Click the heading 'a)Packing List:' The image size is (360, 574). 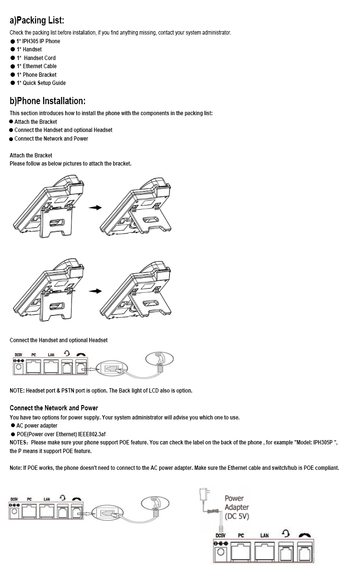(x=37, y=21)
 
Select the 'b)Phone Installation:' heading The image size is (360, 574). (x=48, y=101)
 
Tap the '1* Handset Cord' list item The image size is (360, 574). (x=36, y=58)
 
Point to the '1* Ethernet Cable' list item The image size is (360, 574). (x=36, y=66)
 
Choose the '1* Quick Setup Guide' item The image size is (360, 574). (x=41, y=83)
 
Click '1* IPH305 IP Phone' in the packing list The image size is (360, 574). (x=38, y=41)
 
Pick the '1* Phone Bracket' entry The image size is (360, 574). (x=36, y=75)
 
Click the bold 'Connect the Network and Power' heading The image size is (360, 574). (x=54, y=408)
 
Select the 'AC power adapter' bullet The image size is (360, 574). (x=36, y=426)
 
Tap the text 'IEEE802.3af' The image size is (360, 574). (x=92, y=434)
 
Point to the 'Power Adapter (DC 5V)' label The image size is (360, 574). (x=237, y=507)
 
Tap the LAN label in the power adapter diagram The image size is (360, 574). (x=264, y=536)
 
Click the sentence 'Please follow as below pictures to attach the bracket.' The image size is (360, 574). (x=70, y=164)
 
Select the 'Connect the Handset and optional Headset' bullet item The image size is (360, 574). (x=63, y=130)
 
